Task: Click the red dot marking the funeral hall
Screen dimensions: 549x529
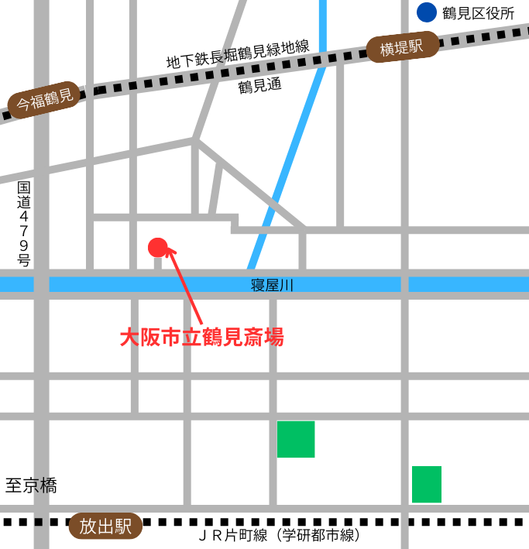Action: (157, 247)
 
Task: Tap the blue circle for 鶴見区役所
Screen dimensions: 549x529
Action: (427, 12)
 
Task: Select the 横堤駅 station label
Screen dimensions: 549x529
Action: (403, 49)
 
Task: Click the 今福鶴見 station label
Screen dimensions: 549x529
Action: (44, 101)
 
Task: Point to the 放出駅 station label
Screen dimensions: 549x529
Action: (106, 527)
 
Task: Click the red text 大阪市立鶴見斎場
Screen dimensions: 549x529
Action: (201, 338)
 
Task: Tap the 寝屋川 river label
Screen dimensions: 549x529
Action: (273, 285)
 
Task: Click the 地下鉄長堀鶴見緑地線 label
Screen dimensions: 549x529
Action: (237, 54)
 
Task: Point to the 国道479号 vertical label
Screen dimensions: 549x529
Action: (24, 224)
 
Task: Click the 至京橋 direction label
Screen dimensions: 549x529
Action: (31, 486)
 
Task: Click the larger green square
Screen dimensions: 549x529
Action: (296, 439)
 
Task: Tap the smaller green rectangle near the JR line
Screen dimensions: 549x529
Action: (427, 484)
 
